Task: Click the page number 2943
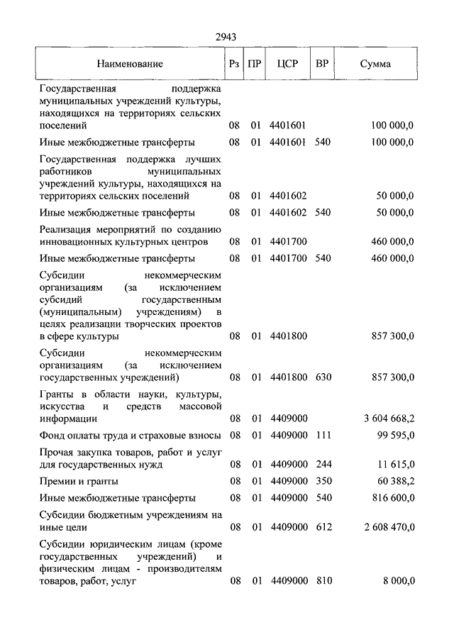[226, 38]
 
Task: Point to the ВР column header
[322, 64]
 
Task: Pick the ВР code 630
[323, 377]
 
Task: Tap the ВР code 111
[323, 434]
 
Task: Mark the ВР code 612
[323, 528]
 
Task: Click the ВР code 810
[323, 582]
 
